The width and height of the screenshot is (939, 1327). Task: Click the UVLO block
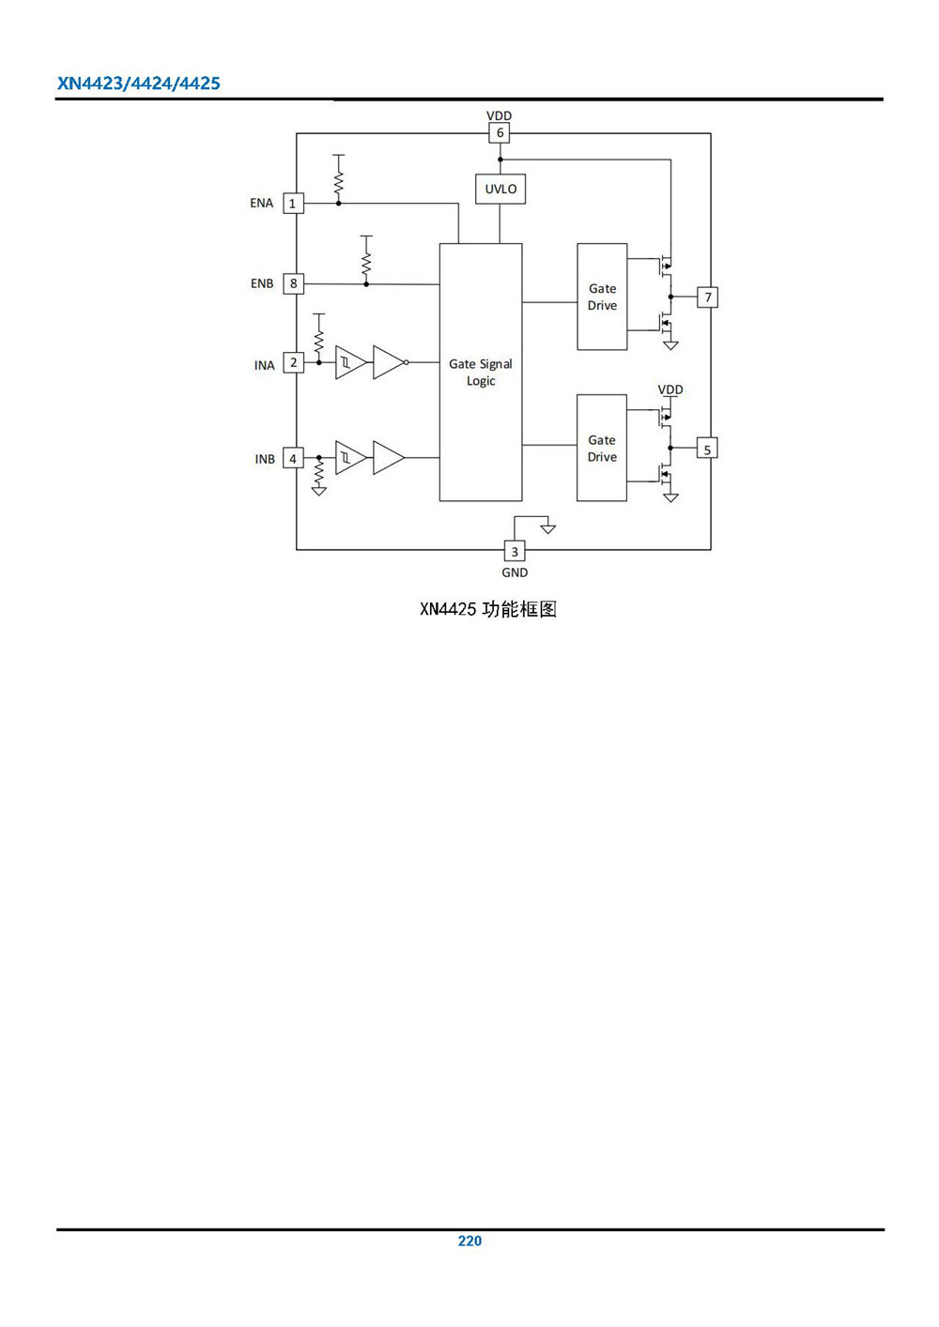tap(500, 189)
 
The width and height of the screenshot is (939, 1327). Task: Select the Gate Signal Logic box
tap(480, 372)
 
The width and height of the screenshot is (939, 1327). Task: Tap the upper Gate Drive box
tap(602, 297)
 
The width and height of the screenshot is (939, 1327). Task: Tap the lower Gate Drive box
tap(601, 448)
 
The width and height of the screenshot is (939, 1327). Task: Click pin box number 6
tap(500, 133)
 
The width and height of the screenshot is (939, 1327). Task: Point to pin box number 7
tap(708, 297)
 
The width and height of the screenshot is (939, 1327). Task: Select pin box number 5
tap(707, 450)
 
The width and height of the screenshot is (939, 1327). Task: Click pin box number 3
tap(515, 551)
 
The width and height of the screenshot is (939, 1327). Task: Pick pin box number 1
tap(293, 203)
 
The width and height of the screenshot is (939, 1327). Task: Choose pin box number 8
tap(293, 283)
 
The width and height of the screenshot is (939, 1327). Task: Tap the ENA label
tap(261, 203)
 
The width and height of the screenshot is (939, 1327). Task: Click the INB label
tap(265, 459)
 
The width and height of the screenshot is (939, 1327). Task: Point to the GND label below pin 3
tap(515, 572)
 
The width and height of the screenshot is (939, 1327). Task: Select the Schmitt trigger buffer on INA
tap(349, 362)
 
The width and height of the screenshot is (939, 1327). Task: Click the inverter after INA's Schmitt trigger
tap(388, 362)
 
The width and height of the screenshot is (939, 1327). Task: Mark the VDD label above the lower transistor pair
tap(670, 389)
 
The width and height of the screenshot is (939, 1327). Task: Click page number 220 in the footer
tap(469, 1241)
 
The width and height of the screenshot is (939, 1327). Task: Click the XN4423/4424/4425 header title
tap(139, 84)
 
